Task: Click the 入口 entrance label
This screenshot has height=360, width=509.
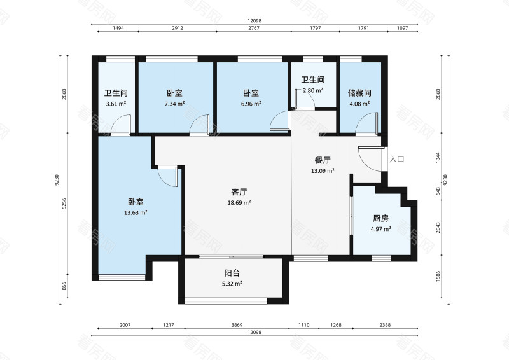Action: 396,160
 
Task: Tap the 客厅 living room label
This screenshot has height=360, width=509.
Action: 239,192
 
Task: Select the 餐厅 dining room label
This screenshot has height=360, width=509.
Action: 323,160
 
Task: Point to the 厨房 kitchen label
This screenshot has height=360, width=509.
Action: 380,218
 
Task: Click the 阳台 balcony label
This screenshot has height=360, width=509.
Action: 232,273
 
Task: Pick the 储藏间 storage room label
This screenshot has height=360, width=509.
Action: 359,93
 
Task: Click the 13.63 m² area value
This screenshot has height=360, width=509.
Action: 136,213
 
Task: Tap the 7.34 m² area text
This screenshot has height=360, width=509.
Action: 174,104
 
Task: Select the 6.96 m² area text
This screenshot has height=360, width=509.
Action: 251,104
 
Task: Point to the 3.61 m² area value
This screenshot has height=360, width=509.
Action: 116,104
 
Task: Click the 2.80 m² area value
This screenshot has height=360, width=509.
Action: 313,90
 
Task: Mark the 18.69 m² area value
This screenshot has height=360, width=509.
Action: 239,203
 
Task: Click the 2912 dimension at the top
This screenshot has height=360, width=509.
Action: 178,28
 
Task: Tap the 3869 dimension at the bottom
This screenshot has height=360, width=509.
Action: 237,325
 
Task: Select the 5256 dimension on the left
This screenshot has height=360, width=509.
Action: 64,204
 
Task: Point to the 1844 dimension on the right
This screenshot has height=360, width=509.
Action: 438,158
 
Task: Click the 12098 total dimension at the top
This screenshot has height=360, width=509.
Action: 254,21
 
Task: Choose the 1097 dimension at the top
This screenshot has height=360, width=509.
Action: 403,28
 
